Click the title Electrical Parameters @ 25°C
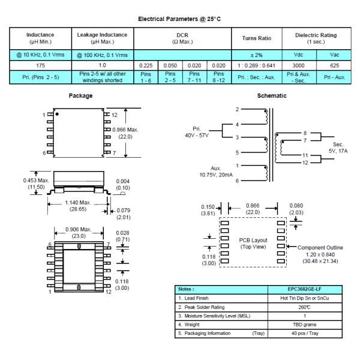click(x=179, y=19)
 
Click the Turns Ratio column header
click(x=256, y=38)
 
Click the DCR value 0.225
click(x=146, y=65)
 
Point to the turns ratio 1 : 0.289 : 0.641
click(x=256, y=65)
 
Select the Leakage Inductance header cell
click(x=102, y=38)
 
